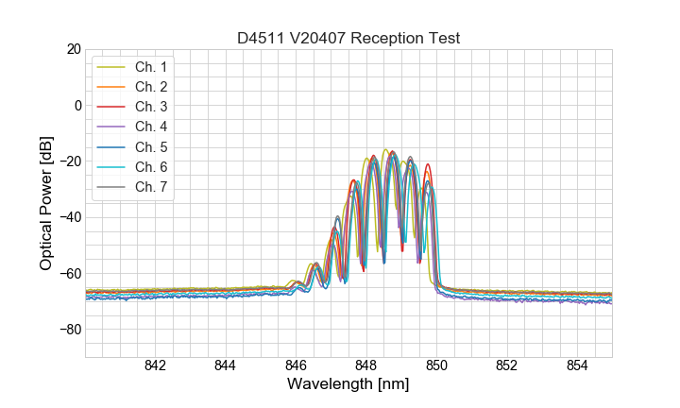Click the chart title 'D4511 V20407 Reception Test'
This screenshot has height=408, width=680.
(x=348, y=38)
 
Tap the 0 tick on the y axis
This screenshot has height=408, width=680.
(x=77, y=105)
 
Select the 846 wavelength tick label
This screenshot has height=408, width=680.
(x=296, y=366)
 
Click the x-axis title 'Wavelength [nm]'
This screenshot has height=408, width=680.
(x=348, y=385)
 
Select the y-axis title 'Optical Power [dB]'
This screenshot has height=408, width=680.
(x=46, y=203)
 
